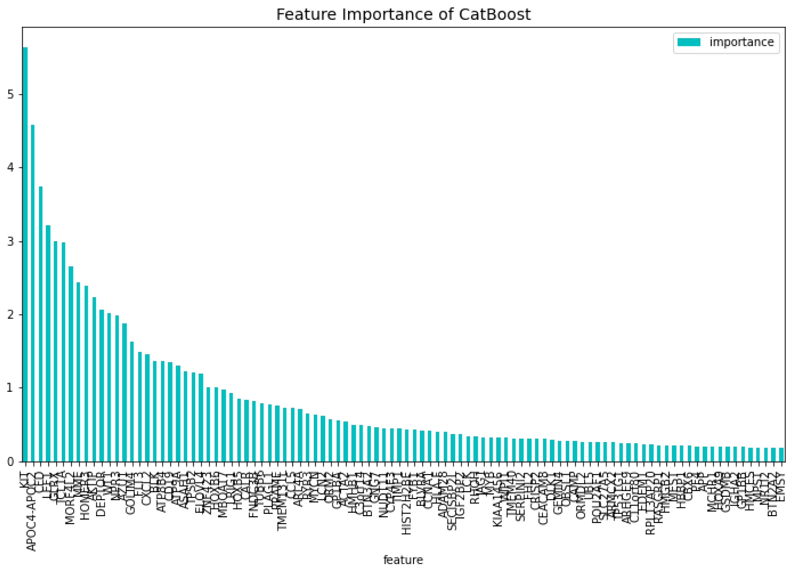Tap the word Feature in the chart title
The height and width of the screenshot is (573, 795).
coord(306,15)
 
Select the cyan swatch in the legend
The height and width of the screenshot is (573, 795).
coord(689,42)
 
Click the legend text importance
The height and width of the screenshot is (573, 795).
coord(741,42)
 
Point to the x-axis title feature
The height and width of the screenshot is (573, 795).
coord(403,560)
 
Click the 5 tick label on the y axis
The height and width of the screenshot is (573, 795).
coord(11,95)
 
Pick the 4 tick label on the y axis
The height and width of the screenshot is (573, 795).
coord(11,168)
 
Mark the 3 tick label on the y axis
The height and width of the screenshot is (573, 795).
coord(11,241)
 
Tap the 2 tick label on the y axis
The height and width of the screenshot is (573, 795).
coord(11,314)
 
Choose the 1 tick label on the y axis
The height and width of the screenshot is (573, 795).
coord(11,388)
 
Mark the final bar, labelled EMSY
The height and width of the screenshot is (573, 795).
coord(781,455)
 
